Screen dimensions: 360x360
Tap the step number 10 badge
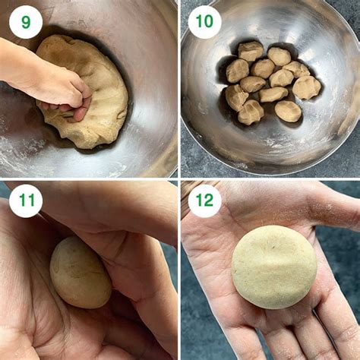[204, 22]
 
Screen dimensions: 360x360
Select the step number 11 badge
[26, 201]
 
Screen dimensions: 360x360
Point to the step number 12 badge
[204, 201]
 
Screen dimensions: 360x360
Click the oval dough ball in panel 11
[80, 272]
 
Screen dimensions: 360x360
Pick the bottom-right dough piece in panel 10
[288, 111]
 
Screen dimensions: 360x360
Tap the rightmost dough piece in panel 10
[307, 87]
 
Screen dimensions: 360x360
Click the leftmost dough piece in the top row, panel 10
[237, 70]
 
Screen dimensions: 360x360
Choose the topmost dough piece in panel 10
[251, 51]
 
